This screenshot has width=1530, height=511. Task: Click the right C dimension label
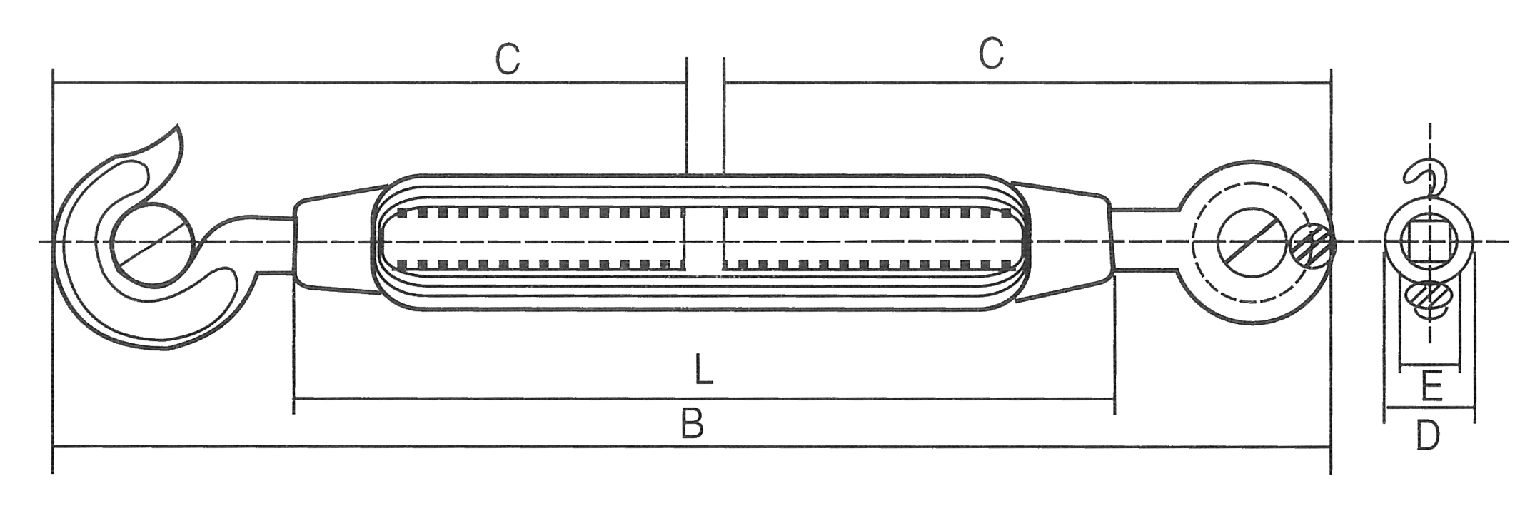pos(992,54)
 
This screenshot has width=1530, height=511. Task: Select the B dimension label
pos(692,423)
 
